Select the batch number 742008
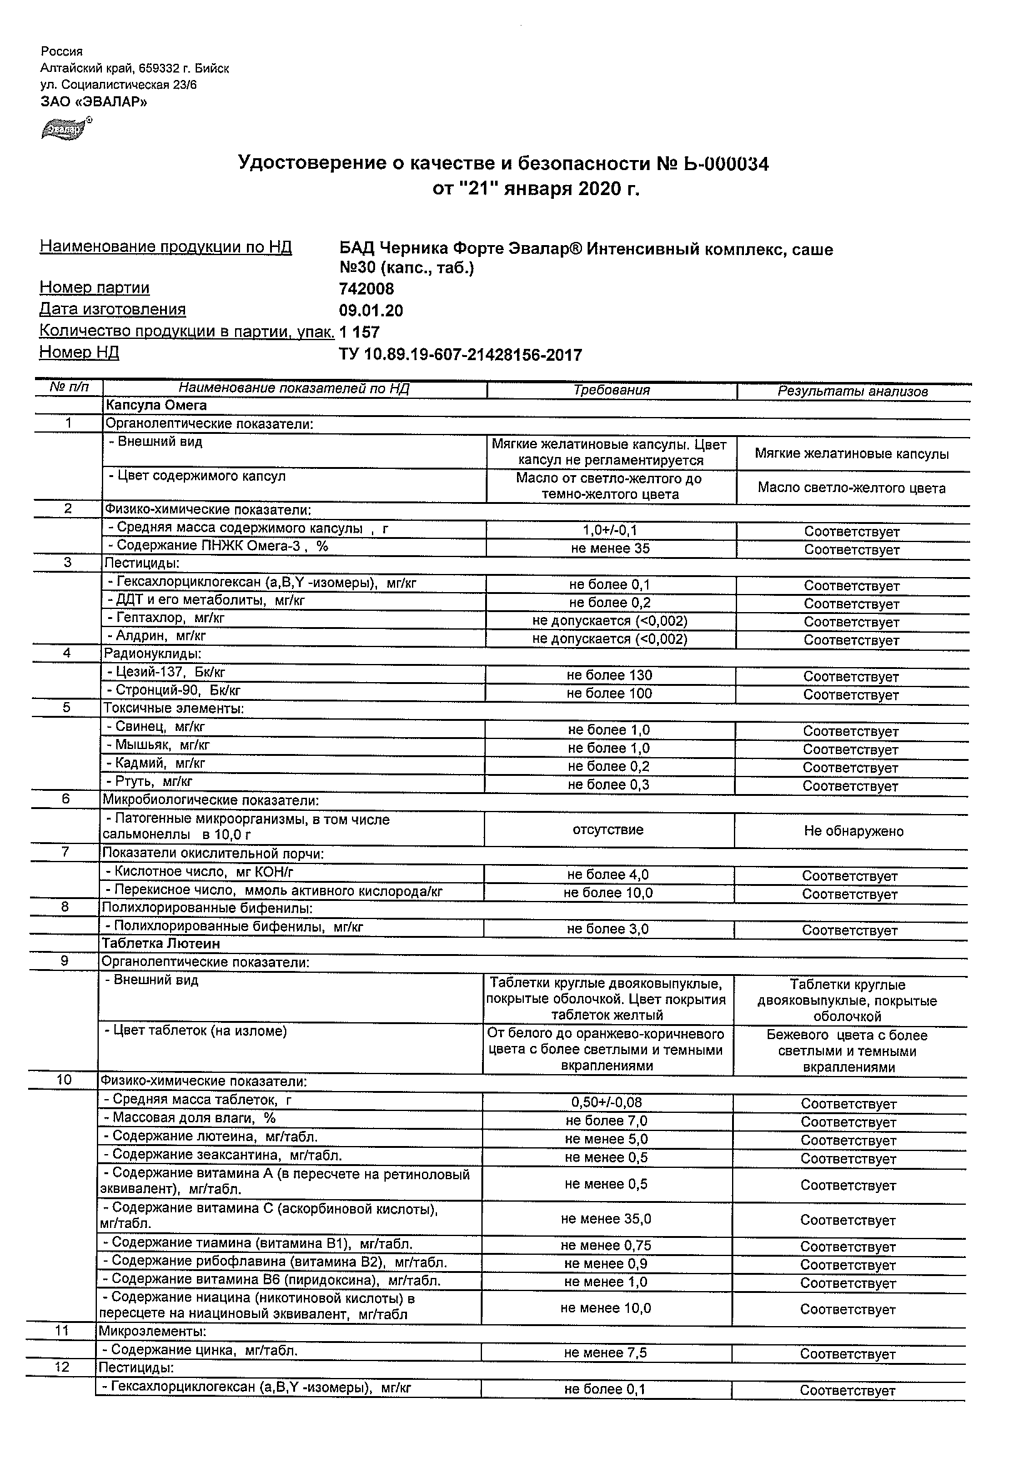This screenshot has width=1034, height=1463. pos(366,289)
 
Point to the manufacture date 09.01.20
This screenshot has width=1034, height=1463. pos(371,311)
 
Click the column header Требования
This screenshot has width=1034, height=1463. pos(611,391)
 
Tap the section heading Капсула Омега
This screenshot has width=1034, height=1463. pos(156,406)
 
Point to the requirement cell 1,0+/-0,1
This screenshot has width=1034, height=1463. pos(610,530)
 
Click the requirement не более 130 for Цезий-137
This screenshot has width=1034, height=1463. pos(609,675)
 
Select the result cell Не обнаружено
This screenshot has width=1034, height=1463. pos(853,832)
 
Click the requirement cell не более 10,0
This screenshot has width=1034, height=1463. pos(608,893)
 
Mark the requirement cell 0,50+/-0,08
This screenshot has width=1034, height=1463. pos(606,1102)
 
